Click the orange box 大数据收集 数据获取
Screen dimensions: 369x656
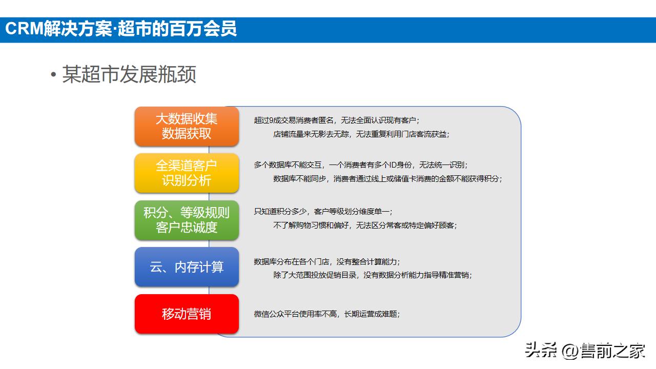pyautogui.click(x=187, y=126)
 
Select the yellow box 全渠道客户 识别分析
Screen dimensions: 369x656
pyautogui.click(x=187, y=173)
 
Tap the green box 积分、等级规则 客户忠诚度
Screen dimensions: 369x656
pyautogui.click(x=187, y=220)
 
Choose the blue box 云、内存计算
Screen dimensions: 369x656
pyautogui.click(x=187, y=267)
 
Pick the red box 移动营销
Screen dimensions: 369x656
pyautogui.click(x=187, y=314)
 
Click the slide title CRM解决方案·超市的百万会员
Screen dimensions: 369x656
pyautogui.click(x=121, y=29)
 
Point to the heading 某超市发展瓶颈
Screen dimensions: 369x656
pyautogui.click(x=129, y=75)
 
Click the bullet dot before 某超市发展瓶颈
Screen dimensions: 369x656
pyautogui.click(x=53, y=75)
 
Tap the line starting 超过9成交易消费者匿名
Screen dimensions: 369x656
pyautogui.click(x=337, y=120)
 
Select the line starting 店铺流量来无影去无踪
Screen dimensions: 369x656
pyautogui.click(x=361, y=134)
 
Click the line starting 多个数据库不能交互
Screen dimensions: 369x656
pyautogui.click(x=360, y=165)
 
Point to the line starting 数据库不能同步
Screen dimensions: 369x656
pyautogui.click(x=387, y=179)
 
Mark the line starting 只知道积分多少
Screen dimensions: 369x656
pyautogui.click(x=323, y=211)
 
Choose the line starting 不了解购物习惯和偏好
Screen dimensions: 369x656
pyautogui.click(x=364, y=225)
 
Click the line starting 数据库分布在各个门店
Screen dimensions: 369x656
pyautogui.click(x=327, y=261)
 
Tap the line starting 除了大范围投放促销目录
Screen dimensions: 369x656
pyautogui.click(x=372, y=275)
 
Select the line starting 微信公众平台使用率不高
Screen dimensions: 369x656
pyautogui.click(x=327, y=314)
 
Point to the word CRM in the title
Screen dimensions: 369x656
pyautogui.click(x=23, y=29)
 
